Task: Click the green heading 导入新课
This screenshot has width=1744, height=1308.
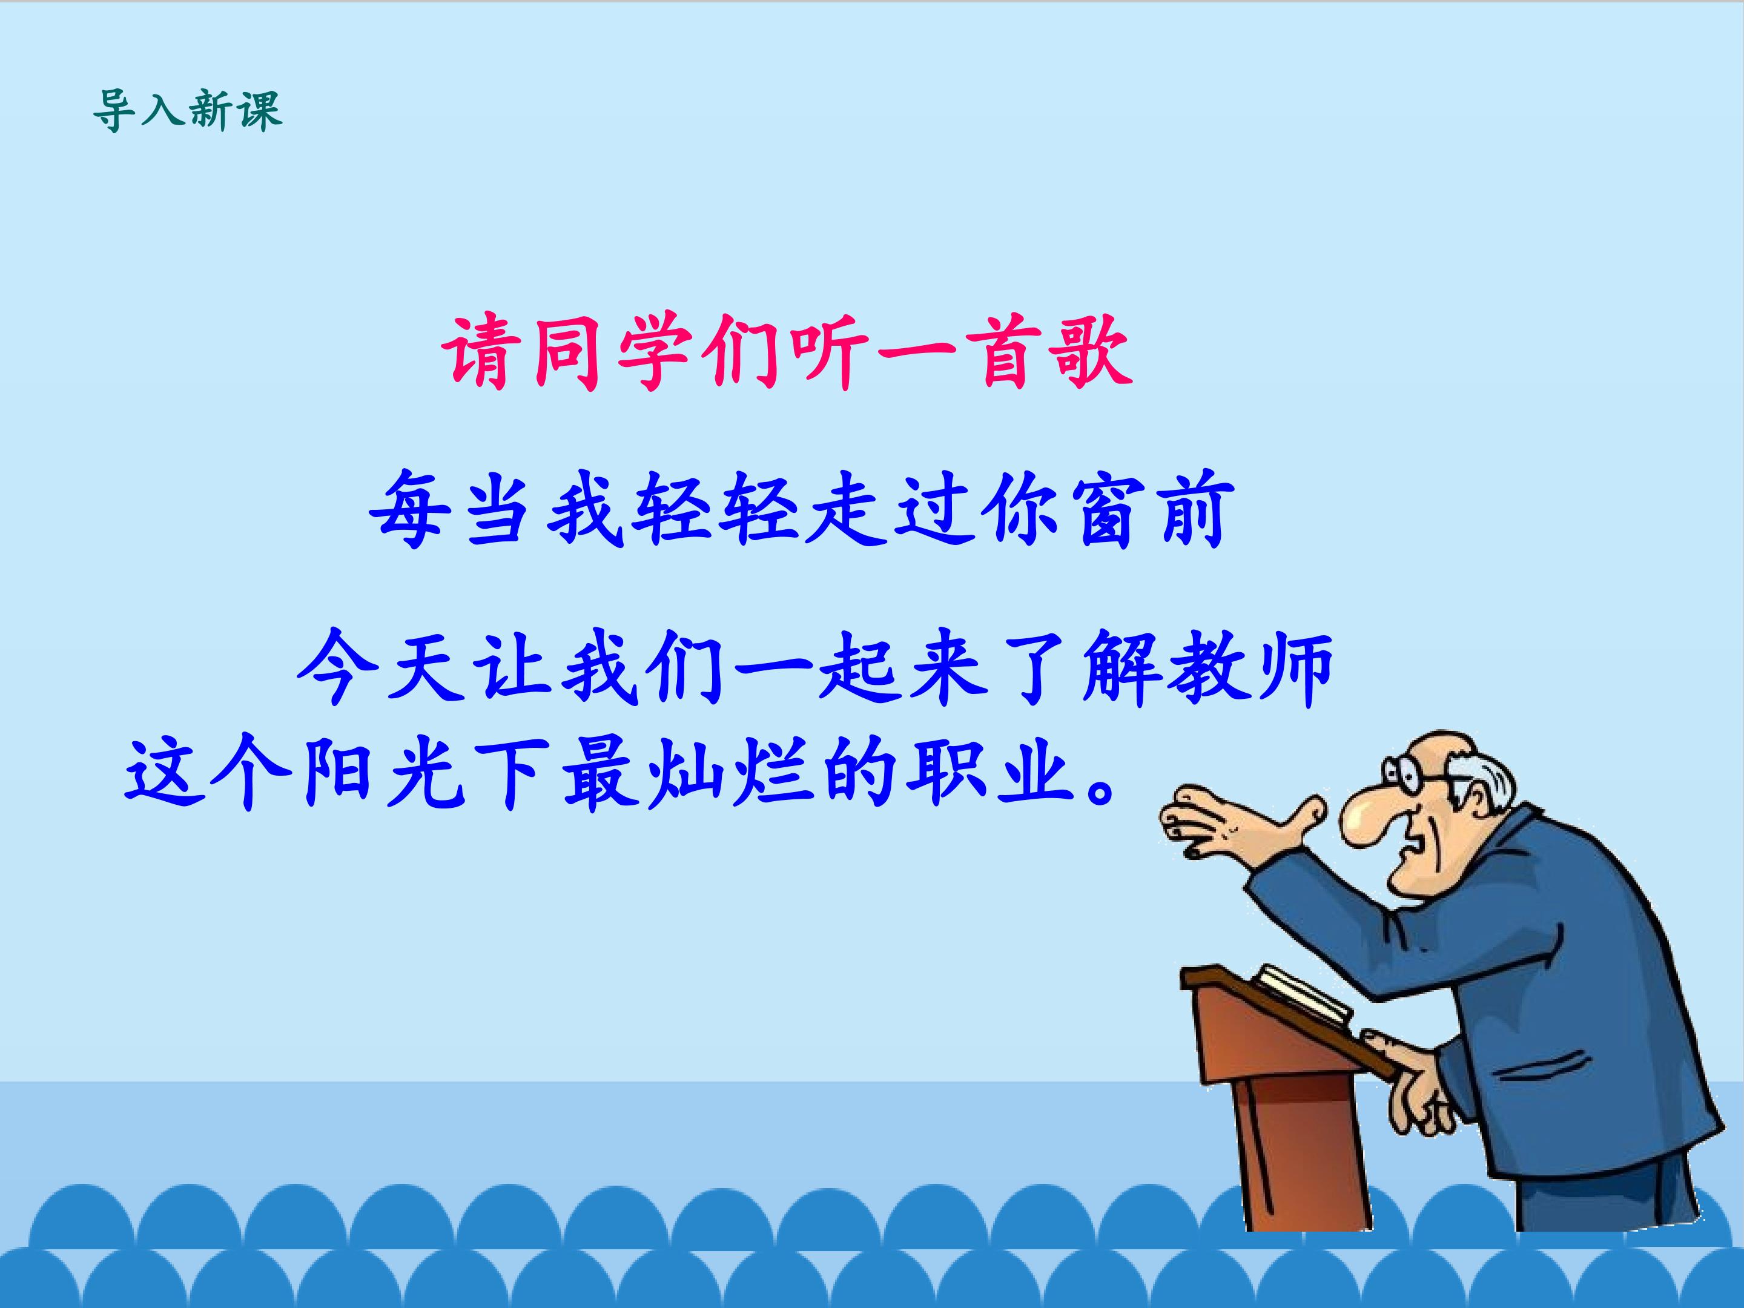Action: tap(187, 110)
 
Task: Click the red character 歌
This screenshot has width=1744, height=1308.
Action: tap(1092, 352)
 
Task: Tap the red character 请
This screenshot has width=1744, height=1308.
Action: tap(483, 352)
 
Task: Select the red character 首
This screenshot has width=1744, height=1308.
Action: tap(1005, 352)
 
